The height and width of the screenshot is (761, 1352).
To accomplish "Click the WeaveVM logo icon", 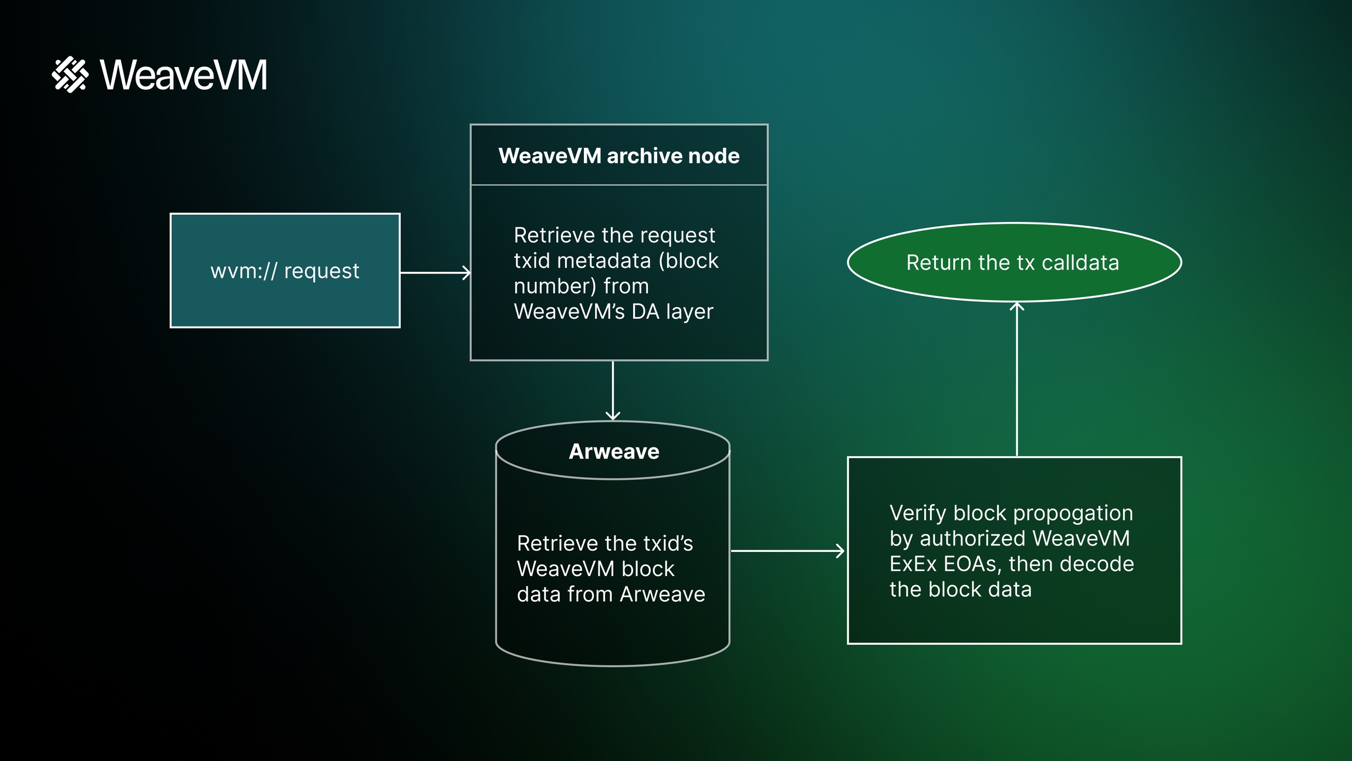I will click(70, 75).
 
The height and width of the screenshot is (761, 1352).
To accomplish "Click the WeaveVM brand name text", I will click(184, 75).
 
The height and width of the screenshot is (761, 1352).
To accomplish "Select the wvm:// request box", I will click(285, 270).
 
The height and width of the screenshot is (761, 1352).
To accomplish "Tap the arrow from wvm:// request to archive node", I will click(435, 272).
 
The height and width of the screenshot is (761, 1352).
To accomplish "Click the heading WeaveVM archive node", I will click(618, 156).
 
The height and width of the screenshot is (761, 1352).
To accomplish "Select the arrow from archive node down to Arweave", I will click(613, 390).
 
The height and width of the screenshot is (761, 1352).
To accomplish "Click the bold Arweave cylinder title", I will click(614, 452).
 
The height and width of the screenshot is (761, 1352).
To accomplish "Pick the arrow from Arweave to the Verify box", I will click(787, 551).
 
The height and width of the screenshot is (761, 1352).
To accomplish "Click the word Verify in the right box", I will click(918, 513).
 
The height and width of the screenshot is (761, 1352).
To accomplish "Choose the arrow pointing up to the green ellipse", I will click(1017, 379).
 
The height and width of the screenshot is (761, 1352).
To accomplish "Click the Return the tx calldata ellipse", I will click(1014, 262).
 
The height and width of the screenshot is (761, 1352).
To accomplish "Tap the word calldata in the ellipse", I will click(1080, 262).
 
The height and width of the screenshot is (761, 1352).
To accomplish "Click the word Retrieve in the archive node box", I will click(555, 235).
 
